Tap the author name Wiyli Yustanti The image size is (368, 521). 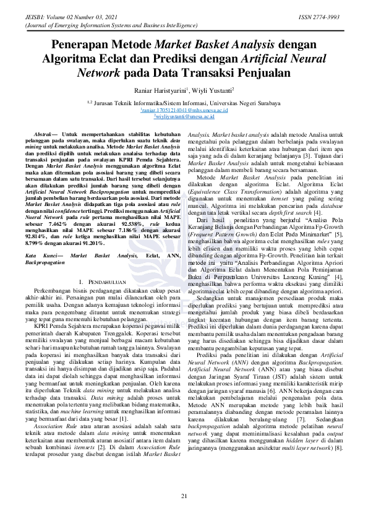(214, 90)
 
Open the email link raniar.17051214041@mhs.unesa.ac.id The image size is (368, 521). (184, 110)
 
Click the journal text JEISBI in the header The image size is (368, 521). (34, 17)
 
